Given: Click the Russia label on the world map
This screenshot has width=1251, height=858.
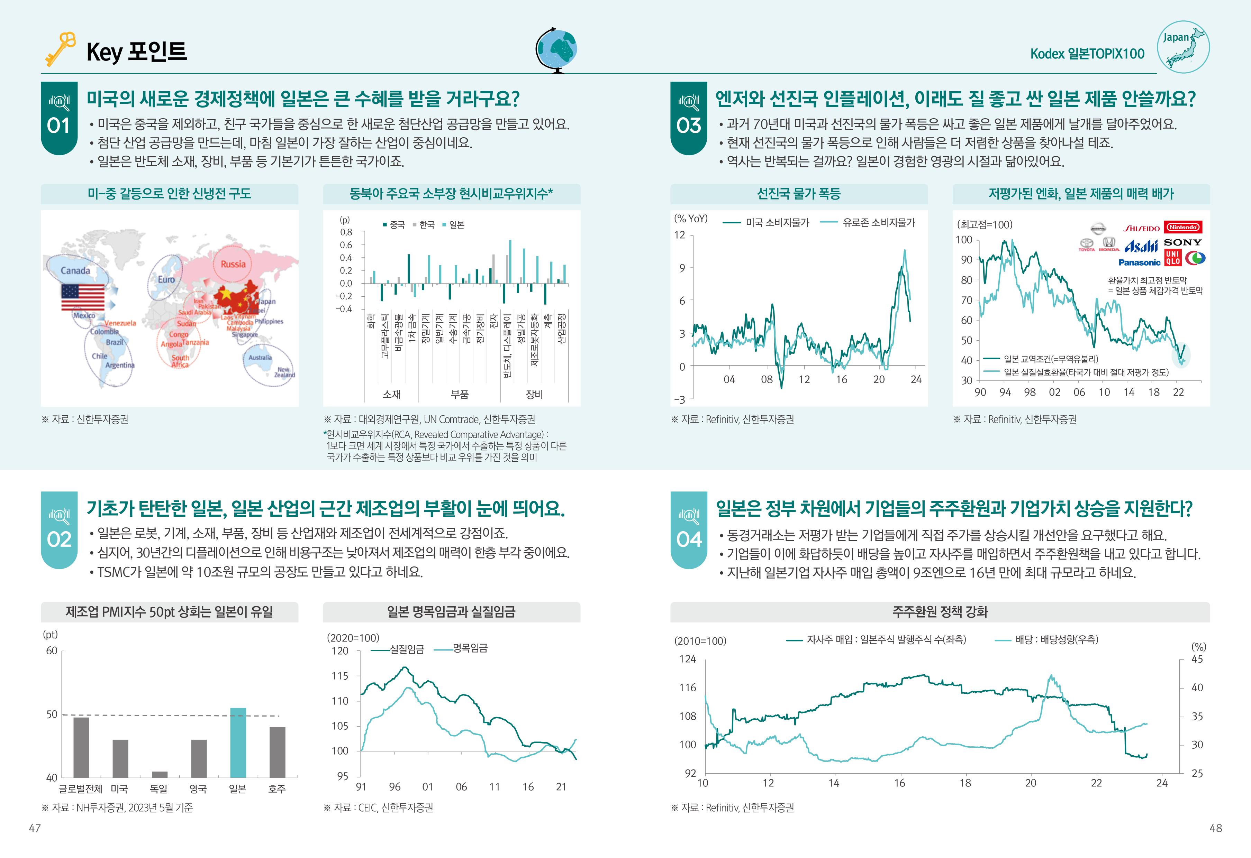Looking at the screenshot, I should click(x=233, y=264).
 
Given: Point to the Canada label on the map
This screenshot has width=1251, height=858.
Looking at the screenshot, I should click(x=75, y=270).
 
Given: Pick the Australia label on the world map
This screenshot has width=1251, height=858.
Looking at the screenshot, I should click(x=260, y=357).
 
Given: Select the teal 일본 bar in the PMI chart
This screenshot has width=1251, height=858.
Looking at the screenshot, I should click(x=238, y=742).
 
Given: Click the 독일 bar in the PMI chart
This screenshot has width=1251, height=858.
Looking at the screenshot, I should click(x=159, y=774).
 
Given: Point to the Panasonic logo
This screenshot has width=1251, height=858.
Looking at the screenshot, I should click(x=1139, y=262).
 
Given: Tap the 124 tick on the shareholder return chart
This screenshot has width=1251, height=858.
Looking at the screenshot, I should click(x=687, y=659).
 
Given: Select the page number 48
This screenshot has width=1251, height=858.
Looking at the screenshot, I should click(x=1215, y=828).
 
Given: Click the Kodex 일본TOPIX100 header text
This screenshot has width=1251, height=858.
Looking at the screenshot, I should click(x=1087, y=54).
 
